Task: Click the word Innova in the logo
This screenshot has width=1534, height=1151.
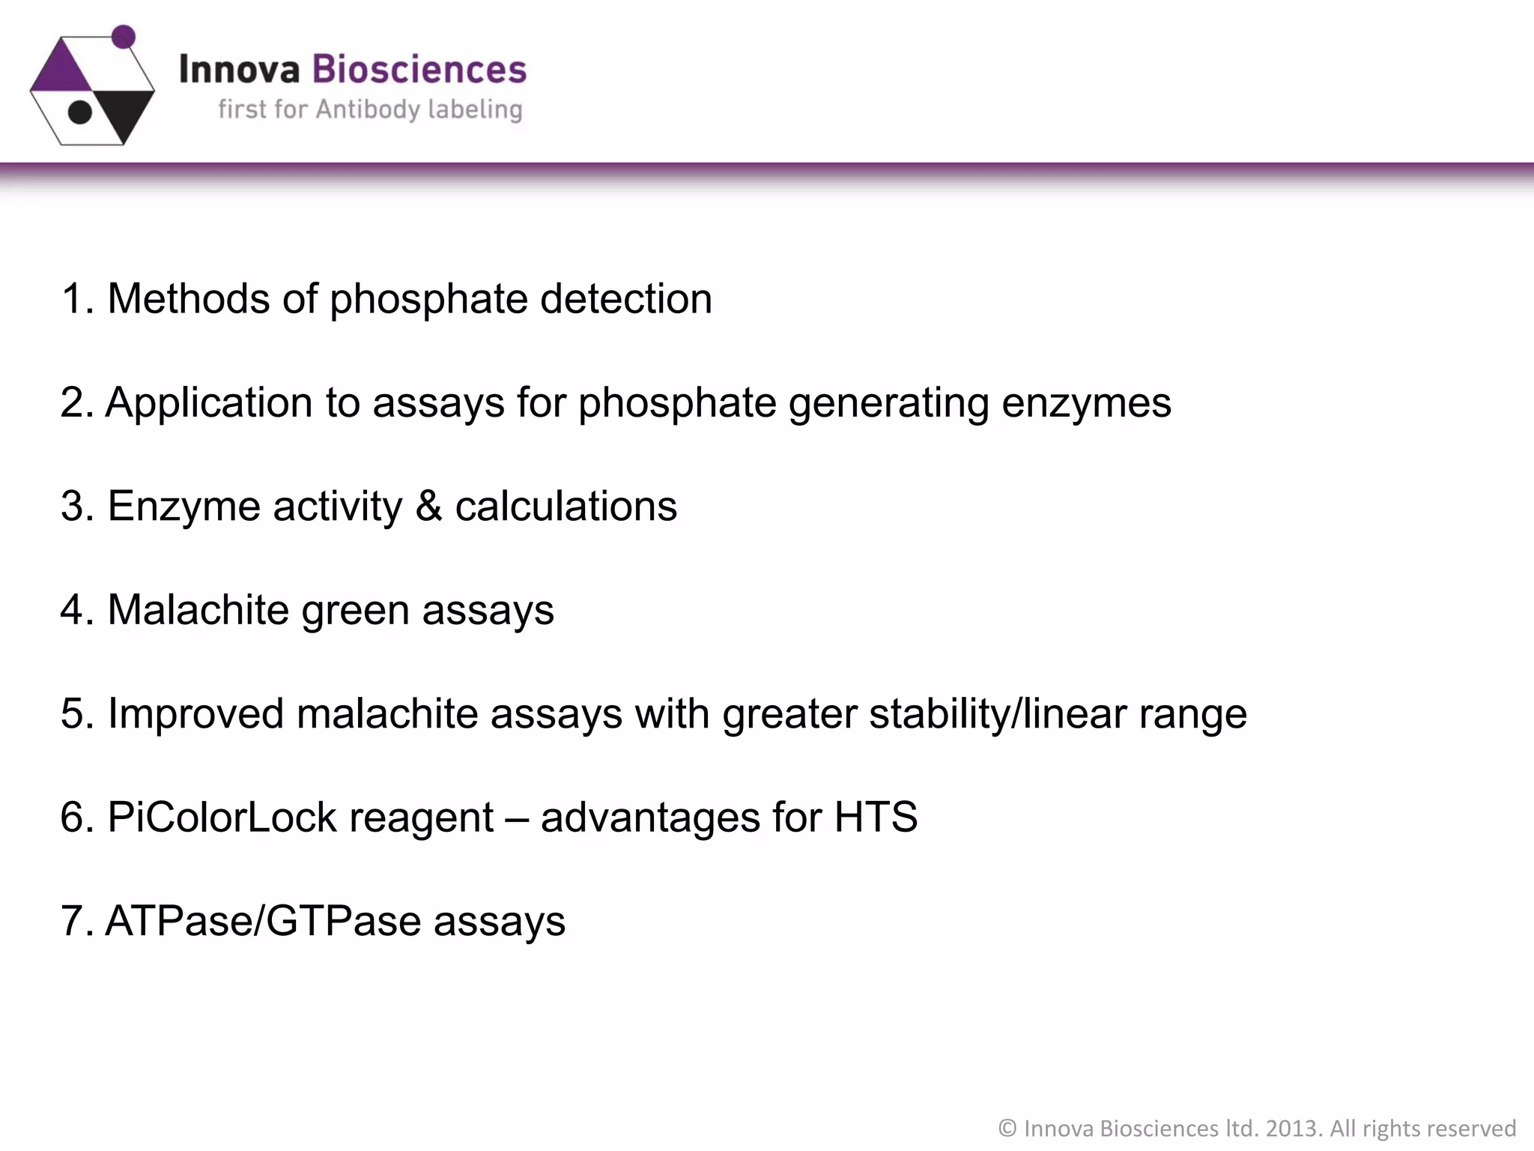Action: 239,70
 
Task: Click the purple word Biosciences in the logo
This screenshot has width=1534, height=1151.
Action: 419,70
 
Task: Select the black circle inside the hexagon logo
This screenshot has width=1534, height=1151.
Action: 80,112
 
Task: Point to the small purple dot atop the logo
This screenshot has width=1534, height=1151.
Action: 123,36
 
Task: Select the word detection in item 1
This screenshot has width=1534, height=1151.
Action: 626,299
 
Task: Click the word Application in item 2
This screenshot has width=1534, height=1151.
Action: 208,402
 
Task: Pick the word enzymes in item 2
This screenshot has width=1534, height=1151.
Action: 1086,402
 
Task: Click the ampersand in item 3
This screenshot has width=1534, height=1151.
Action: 428,506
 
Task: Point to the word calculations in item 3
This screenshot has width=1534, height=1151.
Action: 566,506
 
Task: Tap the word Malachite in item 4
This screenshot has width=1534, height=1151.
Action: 198,609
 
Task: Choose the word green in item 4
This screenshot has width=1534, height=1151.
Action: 355,611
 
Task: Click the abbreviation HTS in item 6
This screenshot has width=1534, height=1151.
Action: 876,817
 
